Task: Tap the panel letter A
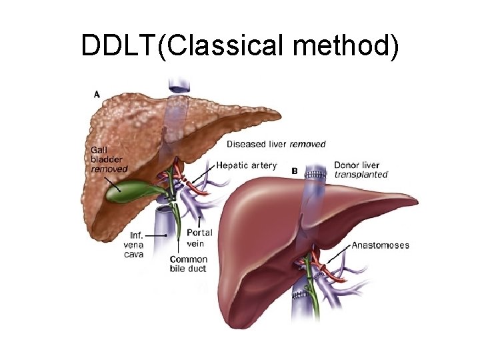coord(97,95)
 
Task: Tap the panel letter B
coord(295,171)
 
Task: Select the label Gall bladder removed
coord(109,159)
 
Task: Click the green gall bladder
coord(126,190)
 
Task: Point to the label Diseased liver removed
coord(276,144)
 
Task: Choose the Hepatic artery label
coord(246,165)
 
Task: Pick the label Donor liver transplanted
coord(361,169)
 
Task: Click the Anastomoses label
coord(380,245)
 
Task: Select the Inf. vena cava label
coord(135,244)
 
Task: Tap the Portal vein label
coord(199,237)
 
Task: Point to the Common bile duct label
coord(188,264)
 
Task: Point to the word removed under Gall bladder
coord(109,169)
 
